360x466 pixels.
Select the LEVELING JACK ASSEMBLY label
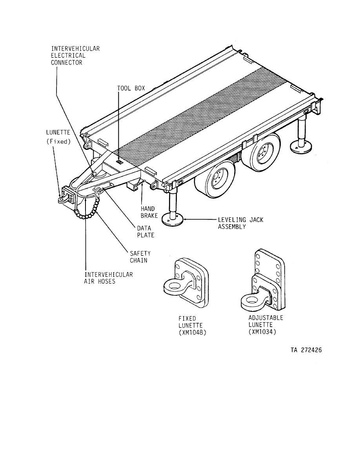240,223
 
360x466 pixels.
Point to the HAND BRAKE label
149,212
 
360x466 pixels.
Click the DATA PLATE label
145,231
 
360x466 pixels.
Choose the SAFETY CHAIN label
140,257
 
